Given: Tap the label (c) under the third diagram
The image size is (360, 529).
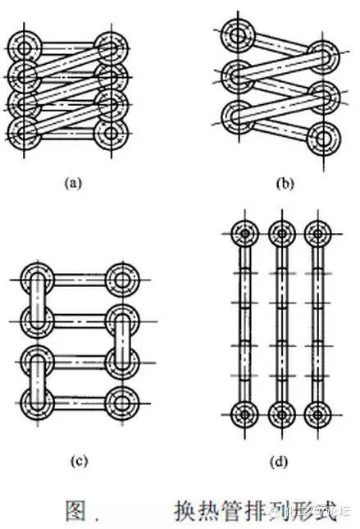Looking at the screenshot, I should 80,461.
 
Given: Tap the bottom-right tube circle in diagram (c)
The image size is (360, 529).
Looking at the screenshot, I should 122,403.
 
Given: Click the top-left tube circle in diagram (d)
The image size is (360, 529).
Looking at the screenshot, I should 244,235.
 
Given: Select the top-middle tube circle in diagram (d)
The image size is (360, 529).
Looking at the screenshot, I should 281,235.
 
